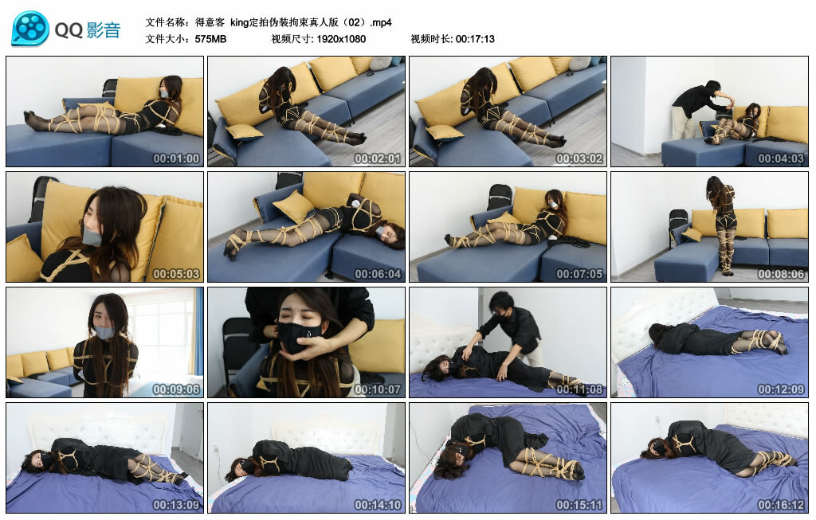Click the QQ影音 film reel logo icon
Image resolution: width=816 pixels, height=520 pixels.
29,29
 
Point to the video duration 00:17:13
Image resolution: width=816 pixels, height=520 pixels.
475,39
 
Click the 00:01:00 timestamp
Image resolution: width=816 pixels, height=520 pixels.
176,158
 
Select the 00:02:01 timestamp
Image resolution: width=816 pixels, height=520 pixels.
378,158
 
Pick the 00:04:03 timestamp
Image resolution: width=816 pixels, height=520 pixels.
781,158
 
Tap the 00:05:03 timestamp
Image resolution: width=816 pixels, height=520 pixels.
176,274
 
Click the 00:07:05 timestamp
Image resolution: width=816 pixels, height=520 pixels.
579,274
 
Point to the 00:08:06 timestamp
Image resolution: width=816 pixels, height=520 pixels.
781,274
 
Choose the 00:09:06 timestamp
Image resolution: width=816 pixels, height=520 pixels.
176,389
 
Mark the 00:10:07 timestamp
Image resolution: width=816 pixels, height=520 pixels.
378,389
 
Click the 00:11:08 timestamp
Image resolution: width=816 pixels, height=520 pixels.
579,389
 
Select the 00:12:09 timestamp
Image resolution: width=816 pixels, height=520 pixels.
781,389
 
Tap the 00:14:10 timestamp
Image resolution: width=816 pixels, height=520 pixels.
378,505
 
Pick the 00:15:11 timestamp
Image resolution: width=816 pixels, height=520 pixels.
579,505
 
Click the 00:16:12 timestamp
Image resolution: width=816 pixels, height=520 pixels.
781,505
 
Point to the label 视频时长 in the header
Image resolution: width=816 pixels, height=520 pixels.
430,39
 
